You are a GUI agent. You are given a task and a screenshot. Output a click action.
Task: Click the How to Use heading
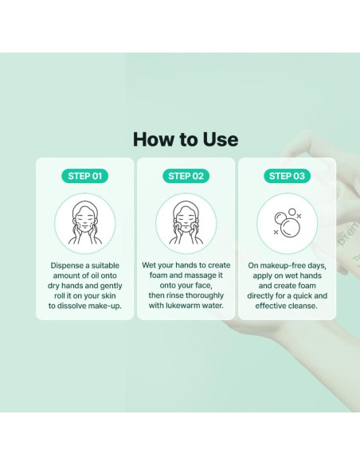coord(186,139)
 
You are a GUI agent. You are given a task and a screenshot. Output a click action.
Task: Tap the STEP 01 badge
coord(84,176)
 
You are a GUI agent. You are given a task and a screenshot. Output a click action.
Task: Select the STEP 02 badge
coord(186,176)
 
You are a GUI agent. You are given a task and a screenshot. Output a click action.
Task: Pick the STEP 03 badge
coord(287,176)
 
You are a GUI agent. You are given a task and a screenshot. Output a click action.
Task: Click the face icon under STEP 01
coord(85,223)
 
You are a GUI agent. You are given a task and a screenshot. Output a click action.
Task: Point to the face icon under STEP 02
coord(186,223)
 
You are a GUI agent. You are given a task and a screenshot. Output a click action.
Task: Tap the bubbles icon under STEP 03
coord(288,223)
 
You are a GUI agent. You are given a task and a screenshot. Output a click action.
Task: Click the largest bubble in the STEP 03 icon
coord(290,229)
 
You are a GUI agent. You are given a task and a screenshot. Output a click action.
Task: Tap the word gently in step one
coord(112,286)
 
